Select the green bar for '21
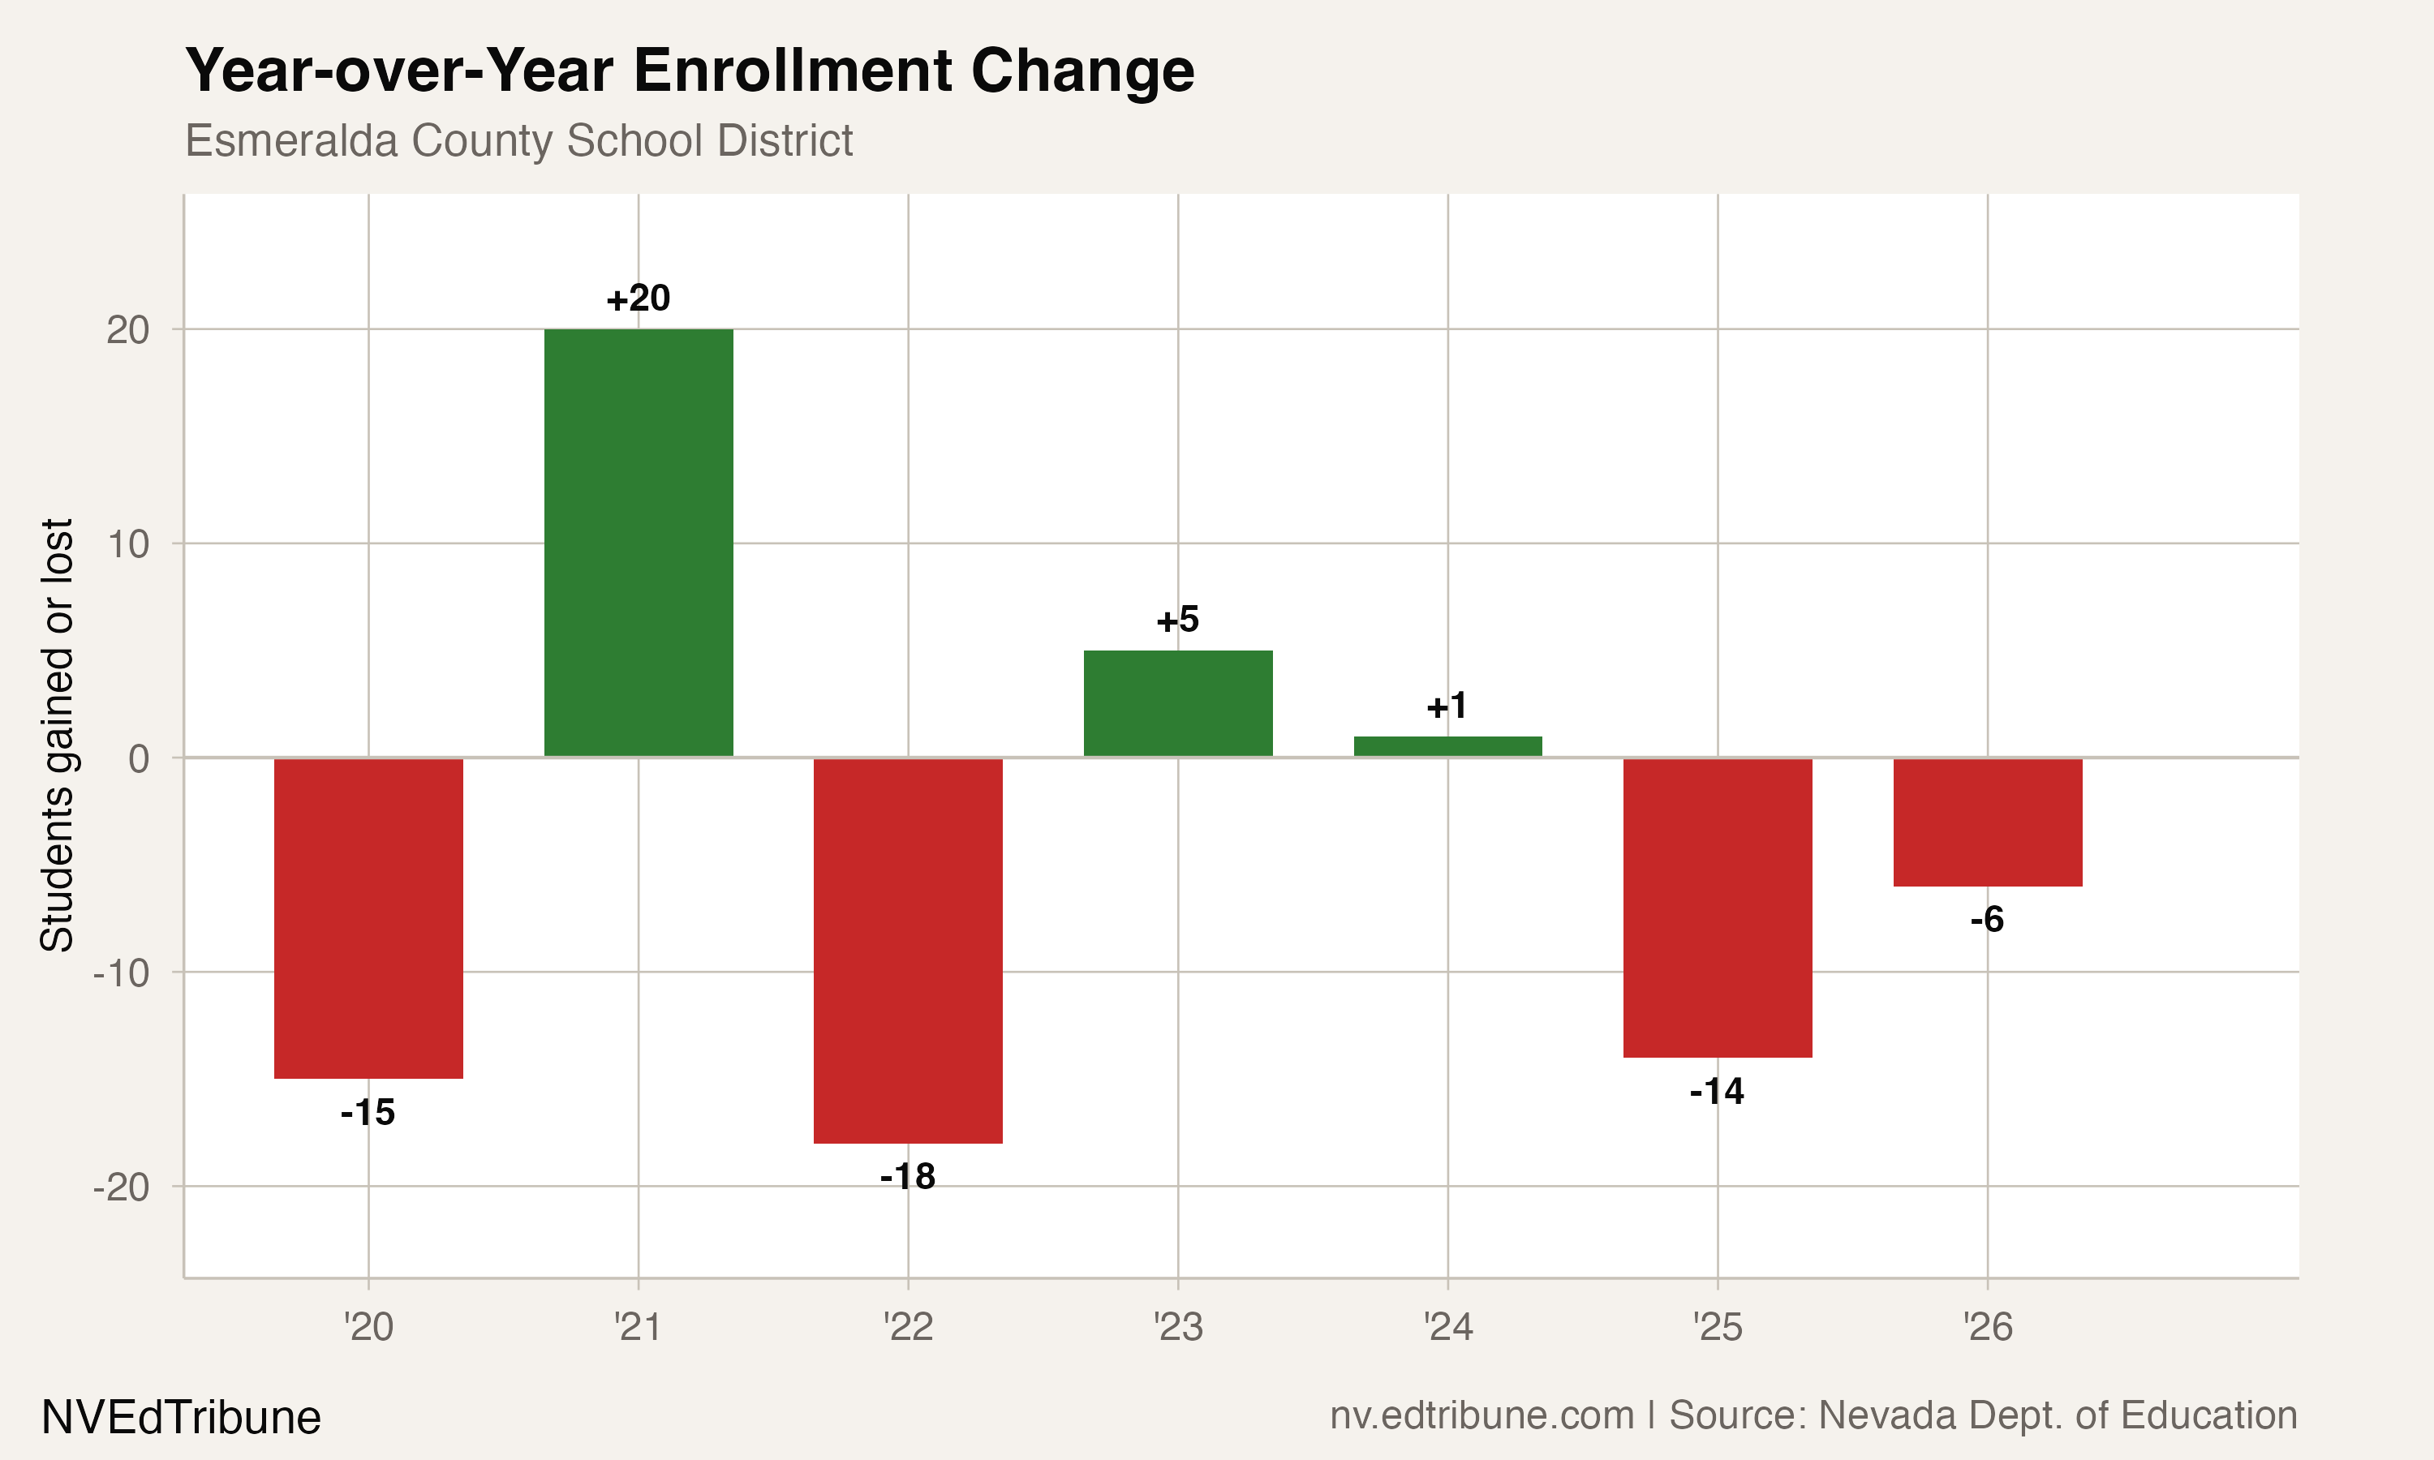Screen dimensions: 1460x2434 pyautogui.click(x=639, y=543)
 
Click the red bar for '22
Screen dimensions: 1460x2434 pyautogui.click(x=908, y=951)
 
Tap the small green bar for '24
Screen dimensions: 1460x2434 pyautogui.click(x=1447, y=747)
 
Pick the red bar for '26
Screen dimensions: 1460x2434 pyautogui.click(x=1987, y=822)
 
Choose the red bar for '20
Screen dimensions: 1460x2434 pyautogui.click(x=369, y=918)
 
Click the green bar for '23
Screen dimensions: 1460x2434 pyautogui.click(x=1177, y=703)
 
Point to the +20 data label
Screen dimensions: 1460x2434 pyautogui.click(x=639, y=298)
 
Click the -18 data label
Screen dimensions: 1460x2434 pyautogui.click(x=908, y=1177)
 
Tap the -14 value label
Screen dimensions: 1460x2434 pyautogui.click(x=1717, y=1092)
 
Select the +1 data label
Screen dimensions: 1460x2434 pyautogui.click(x=1447, y=706)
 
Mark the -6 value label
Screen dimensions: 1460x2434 pyautogui.click(x=1986, y=920)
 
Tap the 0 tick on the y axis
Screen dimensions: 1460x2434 pyautogui.click(x=139, y=758)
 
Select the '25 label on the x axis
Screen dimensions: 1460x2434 pyautogui.click(x=1717, y=1328)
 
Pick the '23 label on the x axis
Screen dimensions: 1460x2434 pyautogui.click(x=1177, y=1328)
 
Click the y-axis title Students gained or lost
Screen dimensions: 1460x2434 pyautogui.click(x=57, y=735)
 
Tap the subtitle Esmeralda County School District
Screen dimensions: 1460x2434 pyautogui.click(x=518, y=140)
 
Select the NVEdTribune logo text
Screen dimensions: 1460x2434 pyautogui.click(x=181, y=1418)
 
